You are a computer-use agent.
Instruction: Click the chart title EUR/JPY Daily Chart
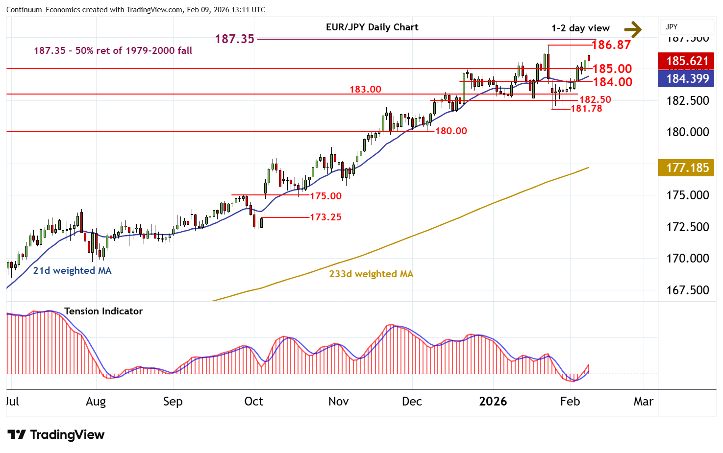pyautogui.click(x=372, y=27)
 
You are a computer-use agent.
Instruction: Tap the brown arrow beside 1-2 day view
pyautogui.click(x=633, y=29)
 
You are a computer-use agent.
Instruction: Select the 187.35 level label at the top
pyautogui.click(x=235, y=39)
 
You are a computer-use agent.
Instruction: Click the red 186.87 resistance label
pyautogui.click(x=611, y=45)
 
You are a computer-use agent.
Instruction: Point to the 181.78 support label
pyautogui.click(x=586, y=109)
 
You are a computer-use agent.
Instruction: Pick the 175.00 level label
pyautogui.click(x=325, y=196)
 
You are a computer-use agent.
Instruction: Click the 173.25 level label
pyautogui.click(x=325, y=217)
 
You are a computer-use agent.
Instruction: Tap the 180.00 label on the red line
pyautogui.click(x=451, y=131)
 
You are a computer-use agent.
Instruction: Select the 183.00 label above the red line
pyautogui.click(x=365, y=89)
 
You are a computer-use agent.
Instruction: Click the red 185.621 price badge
pyautogui.click(x=687, y=61)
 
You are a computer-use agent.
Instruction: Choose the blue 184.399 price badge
pyautogui.click(x=687, y=78)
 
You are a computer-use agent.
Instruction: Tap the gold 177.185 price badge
pyautogui.click(x=687, y=168)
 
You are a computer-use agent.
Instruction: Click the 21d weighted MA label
pyautogui.click(x=72, y=271)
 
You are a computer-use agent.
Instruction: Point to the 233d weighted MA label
pyautogui.click(x=371, y=274)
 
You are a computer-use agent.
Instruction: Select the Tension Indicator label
pyautogui.click(x=103, y=311)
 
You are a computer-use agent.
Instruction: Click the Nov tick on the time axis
pyautogui.click(x=338, y=402)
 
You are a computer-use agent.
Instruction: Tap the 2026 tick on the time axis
pyautogui.click(x=493, y=402)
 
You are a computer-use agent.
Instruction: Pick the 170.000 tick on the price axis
pyautogui.click(x=687, y=259)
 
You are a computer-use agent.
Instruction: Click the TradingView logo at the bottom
pyautogui.click(x=56, y=435)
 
